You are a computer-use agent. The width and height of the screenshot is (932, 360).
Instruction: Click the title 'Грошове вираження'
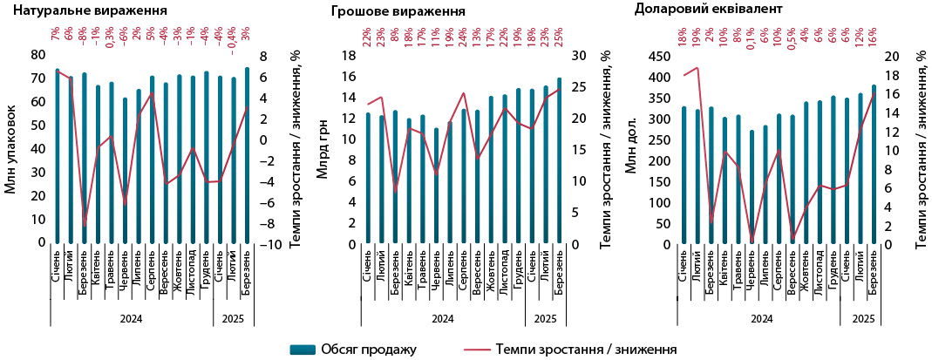point(398,12)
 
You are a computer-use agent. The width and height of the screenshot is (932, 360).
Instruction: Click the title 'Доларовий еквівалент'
point(720,10)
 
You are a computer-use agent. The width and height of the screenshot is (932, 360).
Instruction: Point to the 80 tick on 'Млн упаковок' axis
point(37,55)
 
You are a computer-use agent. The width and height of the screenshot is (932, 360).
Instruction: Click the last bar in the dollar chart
point(874,165)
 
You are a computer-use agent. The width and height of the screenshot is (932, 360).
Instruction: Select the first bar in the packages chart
point(58,156)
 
